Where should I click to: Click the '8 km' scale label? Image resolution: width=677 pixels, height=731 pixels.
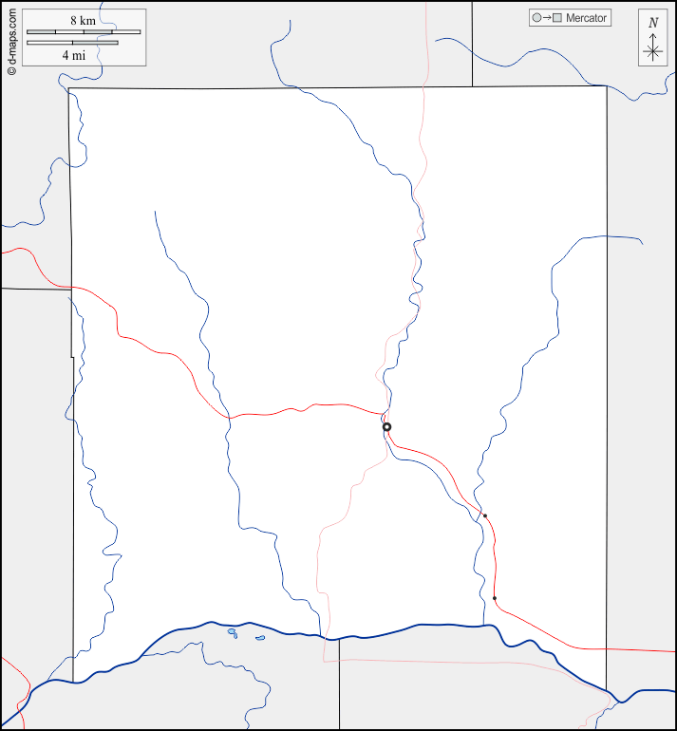click(84, 20)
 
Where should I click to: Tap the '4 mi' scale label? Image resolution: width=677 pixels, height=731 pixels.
click(74, 55)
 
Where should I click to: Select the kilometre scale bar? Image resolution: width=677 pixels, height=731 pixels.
click(84, 31)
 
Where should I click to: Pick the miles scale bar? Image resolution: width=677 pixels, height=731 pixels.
click(72, 43)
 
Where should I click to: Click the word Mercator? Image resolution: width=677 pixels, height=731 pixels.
click(586, 18)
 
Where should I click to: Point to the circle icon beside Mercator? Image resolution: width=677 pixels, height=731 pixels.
click(536, 18)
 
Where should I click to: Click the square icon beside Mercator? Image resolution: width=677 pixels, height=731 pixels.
click(558, 18)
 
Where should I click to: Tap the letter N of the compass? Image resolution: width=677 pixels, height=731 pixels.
click(652, 23)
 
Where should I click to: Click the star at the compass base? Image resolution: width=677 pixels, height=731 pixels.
click(652, 53)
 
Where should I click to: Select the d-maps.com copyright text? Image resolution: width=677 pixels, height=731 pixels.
click(11, 41)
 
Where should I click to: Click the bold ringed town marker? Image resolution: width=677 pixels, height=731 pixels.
click(386, 427)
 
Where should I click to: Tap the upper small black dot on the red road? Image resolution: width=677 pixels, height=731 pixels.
click(485, 515)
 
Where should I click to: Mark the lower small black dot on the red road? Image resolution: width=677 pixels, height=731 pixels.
click(495, 598)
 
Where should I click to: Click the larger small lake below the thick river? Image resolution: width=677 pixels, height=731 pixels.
click(232, 632)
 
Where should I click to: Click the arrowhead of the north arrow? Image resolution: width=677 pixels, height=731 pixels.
click(652, 35)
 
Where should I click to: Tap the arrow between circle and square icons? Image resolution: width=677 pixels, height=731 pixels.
click(547, 18)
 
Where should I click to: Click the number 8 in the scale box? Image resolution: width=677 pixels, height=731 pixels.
click(73, 20)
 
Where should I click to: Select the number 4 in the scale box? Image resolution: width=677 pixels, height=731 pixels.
click(66, 55)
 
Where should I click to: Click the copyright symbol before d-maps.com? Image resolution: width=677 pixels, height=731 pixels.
click(11, 70)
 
